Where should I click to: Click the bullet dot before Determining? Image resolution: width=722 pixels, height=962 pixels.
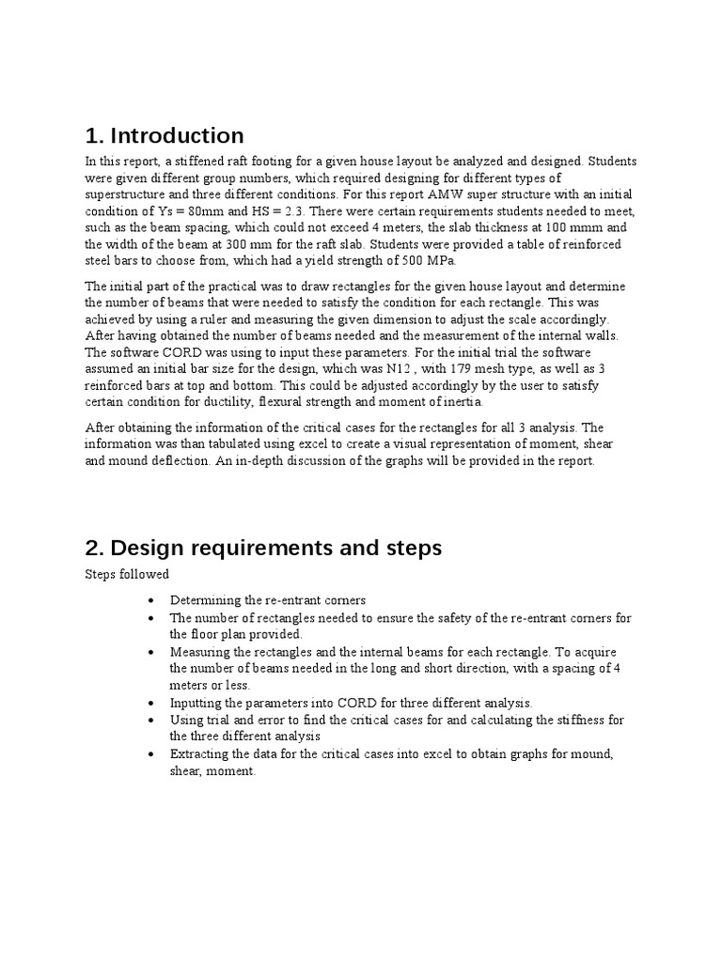click(152, 600)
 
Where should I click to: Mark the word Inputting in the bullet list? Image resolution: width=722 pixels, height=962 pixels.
click(198, 702)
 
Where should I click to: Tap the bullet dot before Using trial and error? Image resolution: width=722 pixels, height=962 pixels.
click(152, 720)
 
